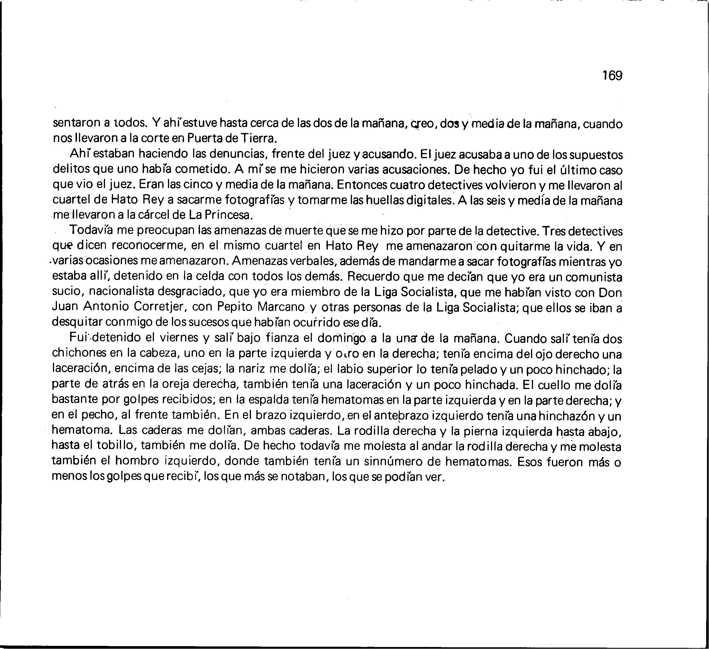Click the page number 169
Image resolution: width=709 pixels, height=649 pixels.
point(612,75)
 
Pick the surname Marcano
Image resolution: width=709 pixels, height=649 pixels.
point(281,307)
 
